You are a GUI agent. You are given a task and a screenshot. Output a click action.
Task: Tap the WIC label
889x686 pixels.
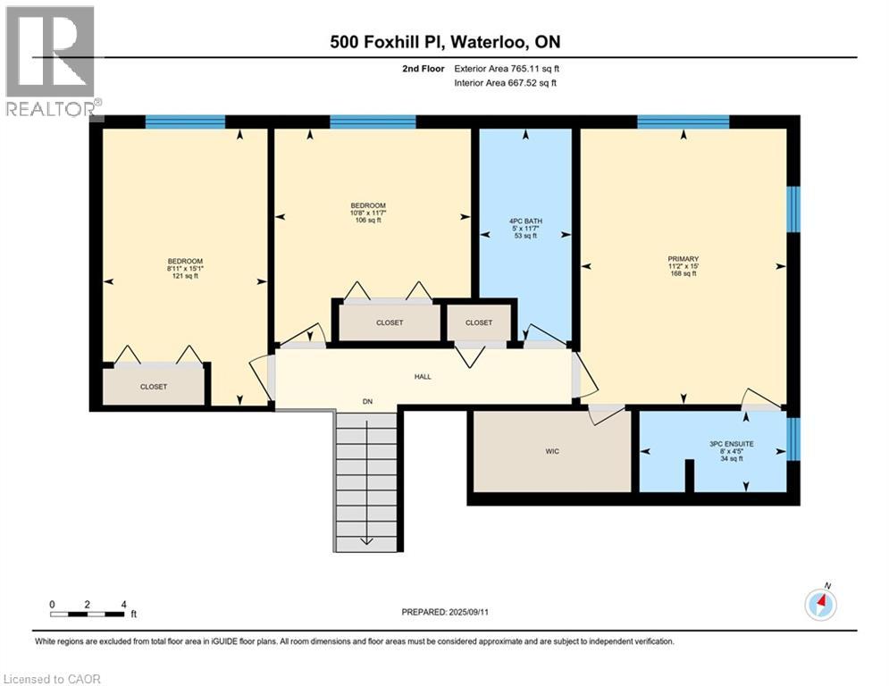click(552, 451)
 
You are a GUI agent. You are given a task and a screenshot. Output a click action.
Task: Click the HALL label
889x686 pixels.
click(423, 376)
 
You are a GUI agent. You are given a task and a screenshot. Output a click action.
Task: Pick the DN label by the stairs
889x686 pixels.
click(367, 401)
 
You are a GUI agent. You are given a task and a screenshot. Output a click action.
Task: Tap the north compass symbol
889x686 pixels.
click(821, 603)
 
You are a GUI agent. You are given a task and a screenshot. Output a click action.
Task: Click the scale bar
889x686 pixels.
click(87, 614)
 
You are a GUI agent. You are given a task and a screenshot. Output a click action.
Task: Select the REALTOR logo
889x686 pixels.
click(50, 62)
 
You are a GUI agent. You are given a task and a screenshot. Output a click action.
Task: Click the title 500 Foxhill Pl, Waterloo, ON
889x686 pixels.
click(445, 42)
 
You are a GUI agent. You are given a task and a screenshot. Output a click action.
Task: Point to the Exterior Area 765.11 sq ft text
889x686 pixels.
click(507, 69)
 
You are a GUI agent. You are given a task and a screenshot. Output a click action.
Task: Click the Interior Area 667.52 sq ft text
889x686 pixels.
click(505, 83)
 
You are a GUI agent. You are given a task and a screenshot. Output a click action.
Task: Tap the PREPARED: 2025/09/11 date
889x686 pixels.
click(445, 612)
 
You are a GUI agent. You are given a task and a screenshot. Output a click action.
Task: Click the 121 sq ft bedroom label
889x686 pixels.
click(185, 276)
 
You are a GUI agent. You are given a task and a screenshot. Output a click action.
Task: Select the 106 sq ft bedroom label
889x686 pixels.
click(368, 220)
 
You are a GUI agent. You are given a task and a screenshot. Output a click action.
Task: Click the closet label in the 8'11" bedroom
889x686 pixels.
click(154, 387)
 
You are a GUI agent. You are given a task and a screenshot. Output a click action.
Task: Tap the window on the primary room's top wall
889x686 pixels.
click(684, 121)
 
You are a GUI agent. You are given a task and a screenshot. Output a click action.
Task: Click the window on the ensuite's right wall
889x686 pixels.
click(793, 439)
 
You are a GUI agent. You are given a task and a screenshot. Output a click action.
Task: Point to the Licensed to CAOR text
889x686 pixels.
click(52, 679)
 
